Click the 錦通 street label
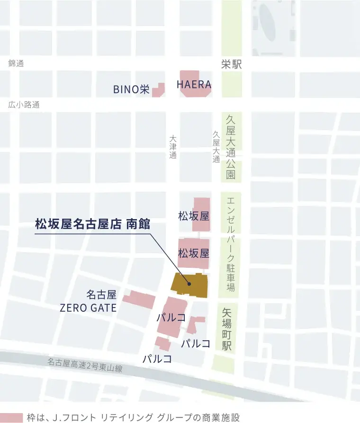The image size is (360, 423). [16, 63]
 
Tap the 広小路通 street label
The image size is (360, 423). [24, 105]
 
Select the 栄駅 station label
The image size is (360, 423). [232, 65]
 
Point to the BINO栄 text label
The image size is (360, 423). [131, 89]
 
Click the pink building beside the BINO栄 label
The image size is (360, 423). [158, 90]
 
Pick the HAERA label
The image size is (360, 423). [194, 85]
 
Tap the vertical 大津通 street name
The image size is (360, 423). [173, 147]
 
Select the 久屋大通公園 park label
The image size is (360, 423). [231, 148]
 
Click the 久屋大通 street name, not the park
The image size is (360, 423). [216, 147]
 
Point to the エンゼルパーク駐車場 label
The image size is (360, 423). [231, 244]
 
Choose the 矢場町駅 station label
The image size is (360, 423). [227, 329]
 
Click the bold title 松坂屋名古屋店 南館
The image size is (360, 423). [92, 224]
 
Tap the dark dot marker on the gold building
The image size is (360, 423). [189, 284]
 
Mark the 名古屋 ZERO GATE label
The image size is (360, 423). [89, 301]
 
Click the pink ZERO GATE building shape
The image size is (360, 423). [139, 300]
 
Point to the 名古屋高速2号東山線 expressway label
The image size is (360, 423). [85, 365]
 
